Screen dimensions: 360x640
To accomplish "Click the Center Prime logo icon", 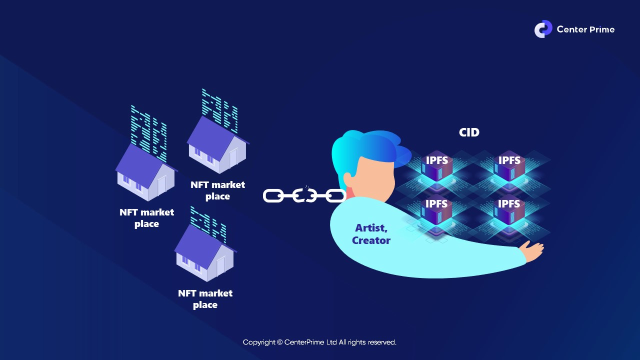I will pos(543,29).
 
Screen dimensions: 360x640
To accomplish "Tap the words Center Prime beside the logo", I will pos(585,29).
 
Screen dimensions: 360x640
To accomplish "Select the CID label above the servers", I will pos(469,132).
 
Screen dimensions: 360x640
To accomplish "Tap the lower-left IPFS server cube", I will pos(437,210).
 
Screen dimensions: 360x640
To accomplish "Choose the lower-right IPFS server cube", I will pos(509,210).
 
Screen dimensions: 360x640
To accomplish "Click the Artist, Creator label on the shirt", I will pos(371,234).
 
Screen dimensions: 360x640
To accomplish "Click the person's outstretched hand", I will pos(533,249).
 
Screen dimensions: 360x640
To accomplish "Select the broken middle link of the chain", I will pos(304,195).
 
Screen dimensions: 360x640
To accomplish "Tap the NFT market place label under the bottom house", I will pos(205,299).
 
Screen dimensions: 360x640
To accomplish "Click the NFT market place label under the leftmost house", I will pos(146,218).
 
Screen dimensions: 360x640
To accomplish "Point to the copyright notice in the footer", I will pos(319,342).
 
